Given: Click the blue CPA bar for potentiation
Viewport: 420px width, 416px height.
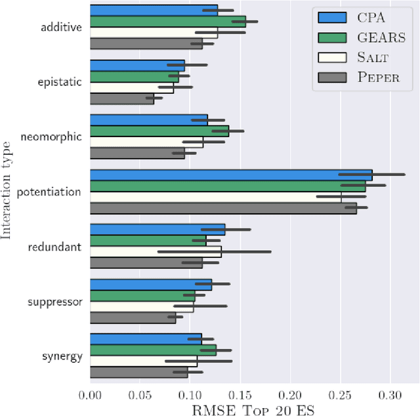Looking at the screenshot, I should click(x=230, y=175).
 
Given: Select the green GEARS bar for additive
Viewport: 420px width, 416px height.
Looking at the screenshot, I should click(x=167, y=22).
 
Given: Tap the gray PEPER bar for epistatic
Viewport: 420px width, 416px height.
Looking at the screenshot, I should click(x=121, y=99).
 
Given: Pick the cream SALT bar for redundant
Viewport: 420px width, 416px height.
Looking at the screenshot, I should click(x=155, y=252).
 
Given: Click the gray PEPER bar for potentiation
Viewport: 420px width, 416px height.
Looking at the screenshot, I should click(x=223, y=209).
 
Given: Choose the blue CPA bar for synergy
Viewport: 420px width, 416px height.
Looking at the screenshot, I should click(x=146, y=339).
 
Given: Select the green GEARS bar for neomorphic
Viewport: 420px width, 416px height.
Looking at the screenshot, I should click(x=159, y=131).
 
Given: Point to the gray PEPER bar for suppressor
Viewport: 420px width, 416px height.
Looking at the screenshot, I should click(x=133, y=318).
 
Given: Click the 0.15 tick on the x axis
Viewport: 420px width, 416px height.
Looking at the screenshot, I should click(x=240, y=395).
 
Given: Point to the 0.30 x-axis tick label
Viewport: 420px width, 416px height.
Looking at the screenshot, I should click(x=390, y=395).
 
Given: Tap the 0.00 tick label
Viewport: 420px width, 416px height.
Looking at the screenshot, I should click(x=90, y=395).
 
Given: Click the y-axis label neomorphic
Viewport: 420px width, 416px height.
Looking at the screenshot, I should click(x=60, y=137).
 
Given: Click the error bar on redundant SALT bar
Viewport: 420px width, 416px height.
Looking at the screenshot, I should click(x=214, y=252).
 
